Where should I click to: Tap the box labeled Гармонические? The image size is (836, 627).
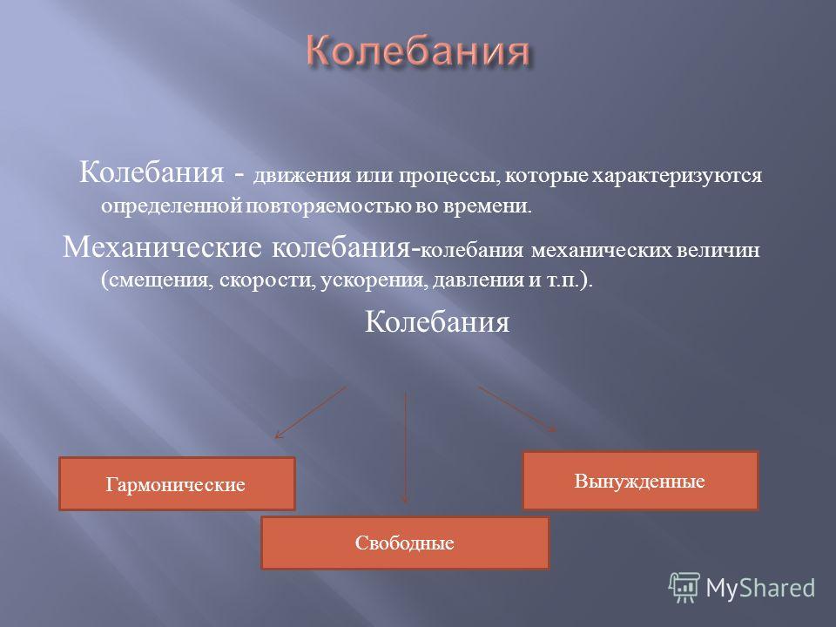click(x=177, y=483)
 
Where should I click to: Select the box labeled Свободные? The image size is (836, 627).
click(x=405, y=543)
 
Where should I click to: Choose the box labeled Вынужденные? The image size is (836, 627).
click(x=640, y=481)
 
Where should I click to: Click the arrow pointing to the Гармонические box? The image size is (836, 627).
click(x=310, y=413)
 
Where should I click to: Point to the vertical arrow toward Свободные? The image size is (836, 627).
click(x=405, y=448)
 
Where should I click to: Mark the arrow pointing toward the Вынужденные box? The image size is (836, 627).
click(x=517, y=409)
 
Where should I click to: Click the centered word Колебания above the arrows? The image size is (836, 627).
click(x=437, y=322)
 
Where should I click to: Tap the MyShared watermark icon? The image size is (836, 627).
click(x=684, y=588)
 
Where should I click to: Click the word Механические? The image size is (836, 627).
click(x=162, y=246)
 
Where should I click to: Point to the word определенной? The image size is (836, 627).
click(x=172, y=206)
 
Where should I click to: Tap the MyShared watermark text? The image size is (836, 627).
click(x=760, y=588)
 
